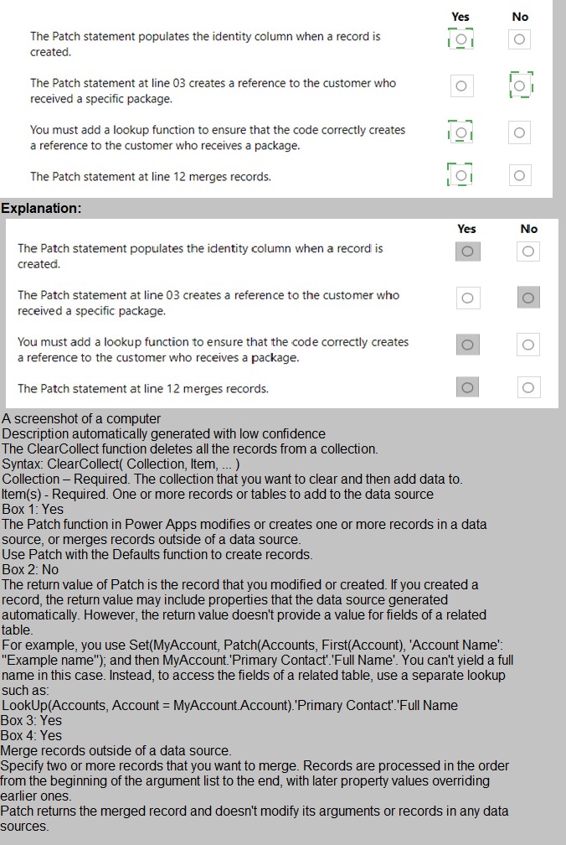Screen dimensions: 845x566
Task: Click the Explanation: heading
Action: click(41, 208)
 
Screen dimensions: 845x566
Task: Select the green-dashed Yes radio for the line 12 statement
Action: click(460, 175)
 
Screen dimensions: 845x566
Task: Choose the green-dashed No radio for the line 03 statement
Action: click(519, 86)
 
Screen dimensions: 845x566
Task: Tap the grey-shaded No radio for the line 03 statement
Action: click(528, 298)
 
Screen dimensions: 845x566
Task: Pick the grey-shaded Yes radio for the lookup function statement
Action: click(467, 345)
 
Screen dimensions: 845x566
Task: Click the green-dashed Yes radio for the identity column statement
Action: click(460, 39)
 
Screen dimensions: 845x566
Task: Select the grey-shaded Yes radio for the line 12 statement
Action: click(467, 386)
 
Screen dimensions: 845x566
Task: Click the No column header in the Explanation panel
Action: click(529, 229)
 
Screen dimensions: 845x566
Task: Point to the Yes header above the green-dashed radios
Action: click(460, 17)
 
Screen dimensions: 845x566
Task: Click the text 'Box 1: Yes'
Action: click(33, 509)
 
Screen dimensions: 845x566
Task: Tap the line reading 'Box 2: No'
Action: click(30, 569)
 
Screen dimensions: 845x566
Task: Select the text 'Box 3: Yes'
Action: click(33, 720)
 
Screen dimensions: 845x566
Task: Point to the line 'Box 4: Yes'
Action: click(33, 735)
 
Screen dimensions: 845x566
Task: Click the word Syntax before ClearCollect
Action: click(22, 464)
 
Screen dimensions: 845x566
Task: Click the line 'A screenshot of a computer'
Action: click(81, 418)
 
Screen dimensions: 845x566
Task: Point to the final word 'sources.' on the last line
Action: click(25, 826)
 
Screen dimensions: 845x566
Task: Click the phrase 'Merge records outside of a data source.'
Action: click(116, 750)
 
